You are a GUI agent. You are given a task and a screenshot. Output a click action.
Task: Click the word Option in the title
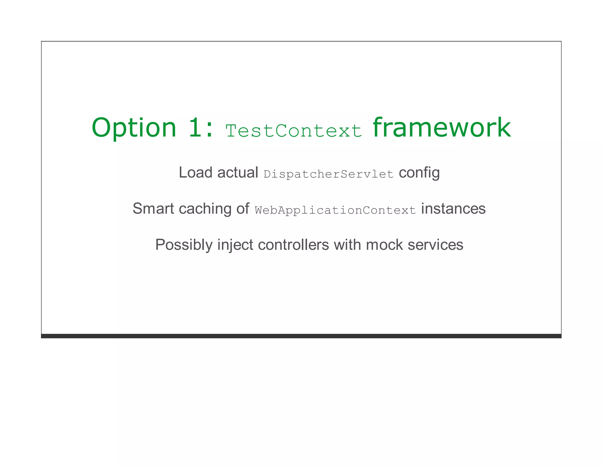[134, 128]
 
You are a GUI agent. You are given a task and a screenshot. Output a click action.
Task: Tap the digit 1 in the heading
[196, 128]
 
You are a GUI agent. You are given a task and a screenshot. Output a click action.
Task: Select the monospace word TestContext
[294, 130]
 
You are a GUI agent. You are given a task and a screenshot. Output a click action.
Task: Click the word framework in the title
[442, 128]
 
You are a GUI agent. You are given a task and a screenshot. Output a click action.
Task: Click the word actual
[238, 173]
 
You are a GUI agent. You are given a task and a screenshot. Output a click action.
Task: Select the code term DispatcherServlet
[329, 174]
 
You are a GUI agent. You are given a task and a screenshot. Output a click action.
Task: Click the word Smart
[153, 209]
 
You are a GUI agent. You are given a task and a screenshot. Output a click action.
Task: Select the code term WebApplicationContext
[335, 210]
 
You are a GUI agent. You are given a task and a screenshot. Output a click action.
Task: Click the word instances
[453, 209]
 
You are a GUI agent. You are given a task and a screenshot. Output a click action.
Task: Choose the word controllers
[293, 245]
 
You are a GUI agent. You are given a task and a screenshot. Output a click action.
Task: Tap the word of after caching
[243, 209]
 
